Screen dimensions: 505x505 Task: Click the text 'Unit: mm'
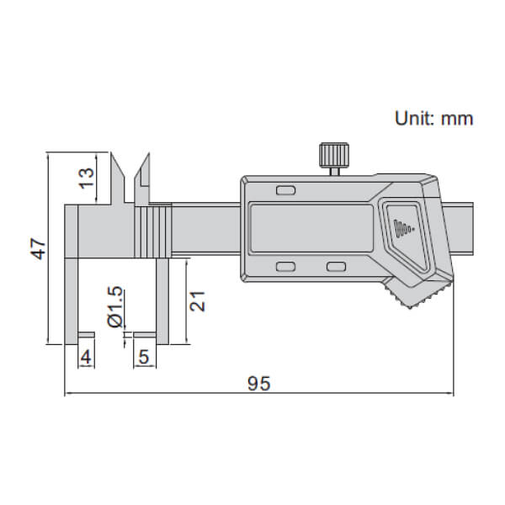(x=433, y=118)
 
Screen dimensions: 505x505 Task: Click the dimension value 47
(x=37, y=249)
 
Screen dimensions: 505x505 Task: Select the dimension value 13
(x=86, y=178)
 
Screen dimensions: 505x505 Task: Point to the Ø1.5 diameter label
(x=116, y=307)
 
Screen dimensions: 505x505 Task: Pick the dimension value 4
(x=85, y=358)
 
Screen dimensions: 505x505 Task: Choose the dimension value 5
(x=143, y=358)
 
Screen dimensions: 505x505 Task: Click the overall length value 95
(x=258, y=384)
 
